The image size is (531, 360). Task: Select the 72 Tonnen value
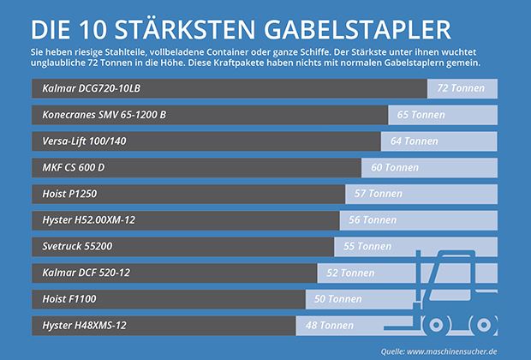point(461,89)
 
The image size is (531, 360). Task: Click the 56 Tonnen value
point(373,220)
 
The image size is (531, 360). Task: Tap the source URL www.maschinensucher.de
point(463,350)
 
